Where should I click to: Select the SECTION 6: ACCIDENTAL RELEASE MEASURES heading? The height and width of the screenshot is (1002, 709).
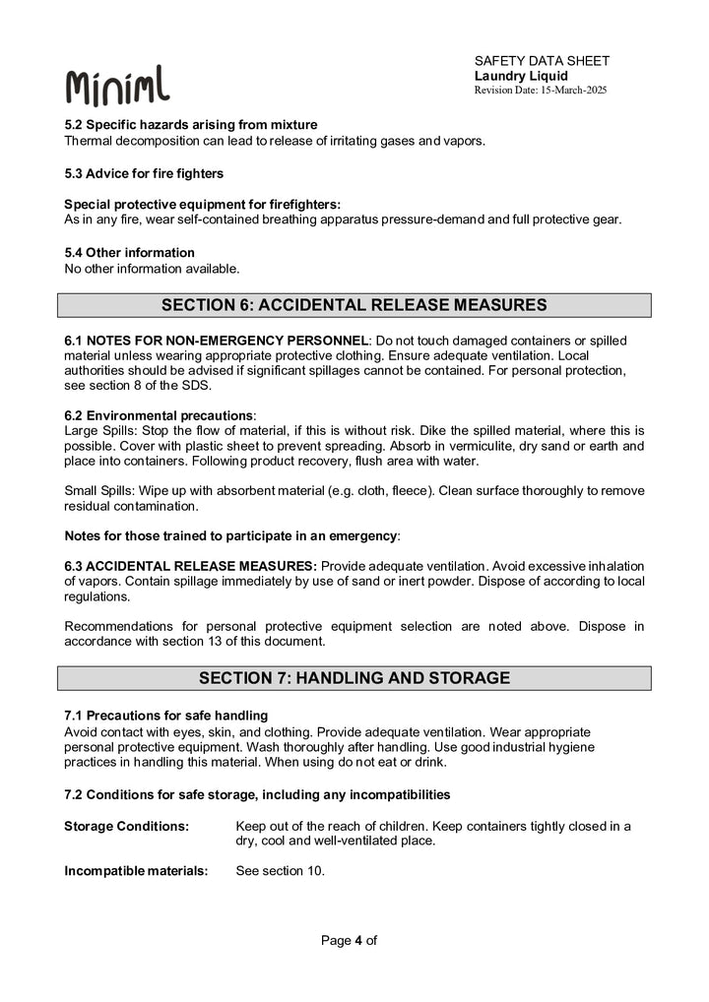(354, 305)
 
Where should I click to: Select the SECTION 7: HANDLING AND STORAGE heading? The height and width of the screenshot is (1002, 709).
(354, 678)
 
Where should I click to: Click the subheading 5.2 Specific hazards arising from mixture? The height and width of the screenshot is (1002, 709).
(191, 125)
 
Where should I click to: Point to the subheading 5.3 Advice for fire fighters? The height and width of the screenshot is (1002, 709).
(144, 174)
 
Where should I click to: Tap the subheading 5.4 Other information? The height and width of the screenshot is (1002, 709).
(129, 253)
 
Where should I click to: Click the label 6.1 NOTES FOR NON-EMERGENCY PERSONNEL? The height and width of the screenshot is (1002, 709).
(216, 341)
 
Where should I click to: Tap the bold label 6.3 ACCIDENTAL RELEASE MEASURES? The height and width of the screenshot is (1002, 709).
(190, 566)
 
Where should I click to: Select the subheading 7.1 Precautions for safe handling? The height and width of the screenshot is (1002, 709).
(165, 715)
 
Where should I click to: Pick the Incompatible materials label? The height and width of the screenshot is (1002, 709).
(136, 871)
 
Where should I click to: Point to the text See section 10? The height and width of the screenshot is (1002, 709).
(281, 871)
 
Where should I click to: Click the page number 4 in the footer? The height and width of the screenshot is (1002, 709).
(358, 940)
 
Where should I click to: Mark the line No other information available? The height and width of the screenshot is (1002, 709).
(152, 268)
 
